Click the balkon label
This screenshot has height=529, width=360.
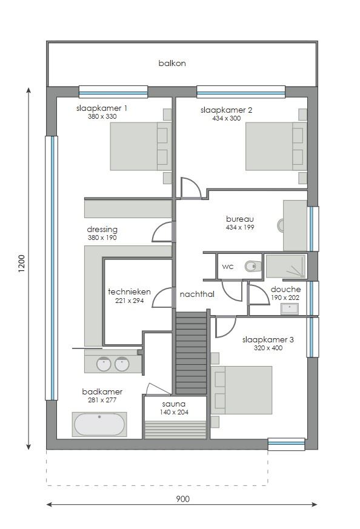[x=172, y=63]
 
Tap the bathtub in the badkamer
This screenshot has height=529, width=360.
[x=99, y=424]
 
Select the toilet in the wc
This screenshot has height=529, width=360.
[x=252, y=266]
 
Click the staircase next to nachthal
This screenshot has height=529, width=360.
[x=191, y=353]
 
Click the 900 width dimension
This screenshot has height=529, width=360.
[x=182, y=499]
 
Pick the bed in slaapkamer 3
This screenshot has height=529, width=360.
[x=241, y=390]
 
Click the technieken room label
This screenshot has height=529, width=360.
[x=129, y=292]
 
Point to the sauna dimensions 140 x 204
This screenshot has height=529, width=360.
[x=174, y=412]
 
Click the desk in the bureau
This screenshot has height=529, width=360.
[x=295, y=225]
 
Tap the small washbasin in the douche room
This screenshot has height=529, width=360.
[x=289, y=308]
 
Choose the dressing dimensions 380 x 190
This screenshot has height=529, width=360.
[x=102, y=238]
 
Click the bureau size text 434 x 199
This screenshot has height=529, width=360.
[x=240, y=227]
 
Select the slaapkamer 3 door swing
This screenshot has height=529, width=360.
[x=225, y=327]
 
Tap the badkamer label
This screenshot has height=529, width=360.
[x=102, y=391]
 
